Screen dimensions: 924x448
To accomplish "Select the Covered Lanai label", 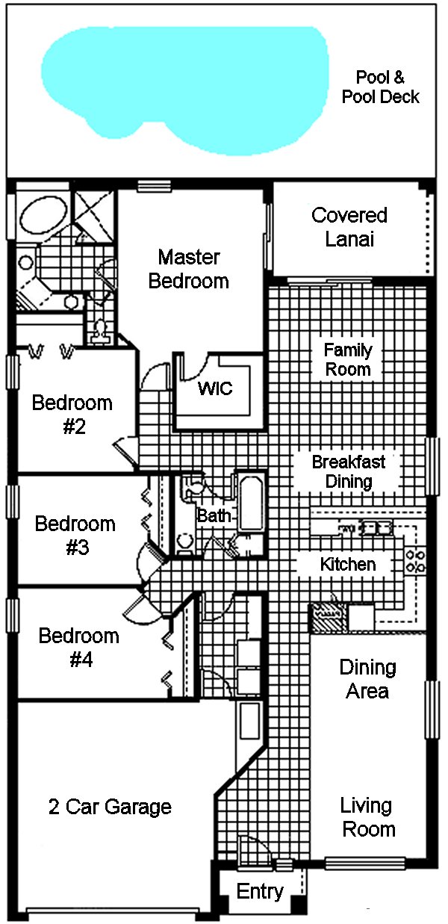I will [x=349, y=227].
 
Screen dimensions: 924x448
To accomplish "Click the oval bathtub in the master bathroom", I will [x=41, y=214].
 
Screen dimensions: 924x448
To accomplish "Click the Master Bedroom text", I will [x=189, y=269].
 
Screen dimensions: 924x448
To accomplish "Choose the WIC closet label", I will [x=215, y=388].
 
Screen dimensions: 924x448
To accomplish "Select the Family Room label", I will [x=347, y=359].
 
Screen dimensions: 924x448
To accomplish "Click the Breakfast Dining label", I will [x=349, y=471].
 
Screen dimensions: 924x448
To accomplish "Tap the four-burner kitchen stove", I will [x=415, y=560].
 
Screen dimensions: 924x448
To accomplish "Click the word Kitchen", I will [x=348, y=564].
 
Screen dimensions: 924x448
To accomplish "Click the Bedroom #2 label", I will [x=72, y=415].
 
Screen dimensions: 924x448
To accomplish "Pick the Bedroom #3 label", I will [x=75, y=535].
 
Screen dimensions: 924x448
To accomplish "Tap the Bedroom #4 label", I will [x=78, y=648].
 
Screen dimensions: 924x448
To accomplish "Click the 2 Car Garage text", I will [x=110, y=807].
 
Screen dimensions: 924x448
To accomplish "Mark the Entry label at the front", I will [x=260, y=891].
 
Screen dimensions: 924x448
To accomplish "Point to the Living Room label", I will [x=367, y=817].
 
